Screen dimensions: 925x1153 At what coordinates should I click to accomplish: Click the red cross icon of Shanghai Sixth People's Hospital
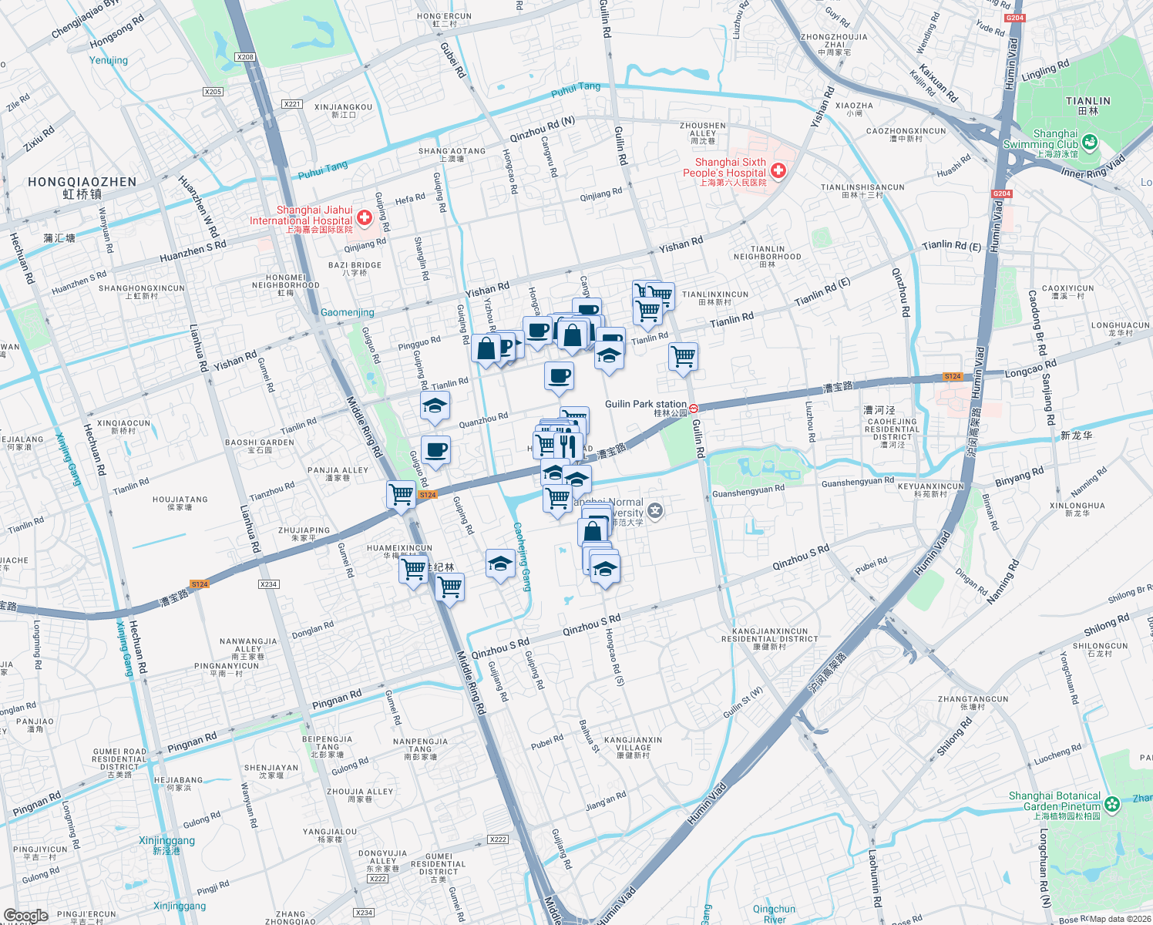778,170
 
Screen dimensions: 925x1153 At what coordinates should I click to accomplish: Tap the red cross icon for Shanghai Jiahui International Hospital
365,218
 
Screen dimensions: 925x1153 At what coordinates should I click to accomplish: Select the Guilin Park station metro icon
694,409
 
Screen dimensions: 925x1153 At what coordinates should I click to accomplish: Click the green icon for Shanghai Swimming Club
1089,142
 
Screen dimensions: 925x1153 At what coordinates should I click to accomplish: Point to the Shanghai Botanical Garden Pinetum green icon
1111,805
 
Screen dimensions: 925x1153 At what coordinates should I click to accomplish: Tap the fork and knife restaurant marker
568,446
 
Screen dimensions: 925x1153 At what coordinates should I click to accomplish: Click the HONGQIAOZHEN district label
82,187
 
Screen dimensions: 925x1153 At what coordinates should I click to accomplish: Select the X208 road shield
245,57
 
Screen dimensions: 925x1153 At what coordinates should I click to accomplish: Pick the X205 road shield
213,92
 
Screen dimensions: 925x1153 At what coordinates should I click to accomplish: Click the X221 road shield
291,104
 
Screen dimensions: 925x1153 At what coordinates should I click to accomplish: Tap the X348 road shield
268,584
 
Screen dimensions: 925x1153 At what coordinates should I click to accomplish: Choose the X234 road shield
364,913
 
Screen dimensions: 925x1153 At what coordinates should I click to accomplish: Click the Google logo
25,916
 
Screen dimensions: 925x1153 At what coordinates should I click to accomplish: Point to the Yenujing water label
109,60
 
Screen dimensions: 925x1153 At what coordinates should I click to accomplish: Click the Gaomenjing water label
347,312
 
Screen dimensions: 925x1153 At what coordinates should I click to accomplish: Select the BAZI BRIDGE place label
355,268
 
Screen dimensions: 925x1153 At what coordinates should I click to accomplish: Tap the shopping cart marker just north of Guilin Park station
683,357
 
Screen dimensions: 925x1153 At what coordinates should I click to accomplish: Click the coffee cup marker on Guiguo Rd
435,450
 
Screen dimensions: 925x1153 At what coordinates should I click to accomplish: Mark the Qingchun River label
774,914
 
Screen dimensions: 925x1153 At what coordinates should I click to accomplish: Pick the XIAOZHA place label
854,109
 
